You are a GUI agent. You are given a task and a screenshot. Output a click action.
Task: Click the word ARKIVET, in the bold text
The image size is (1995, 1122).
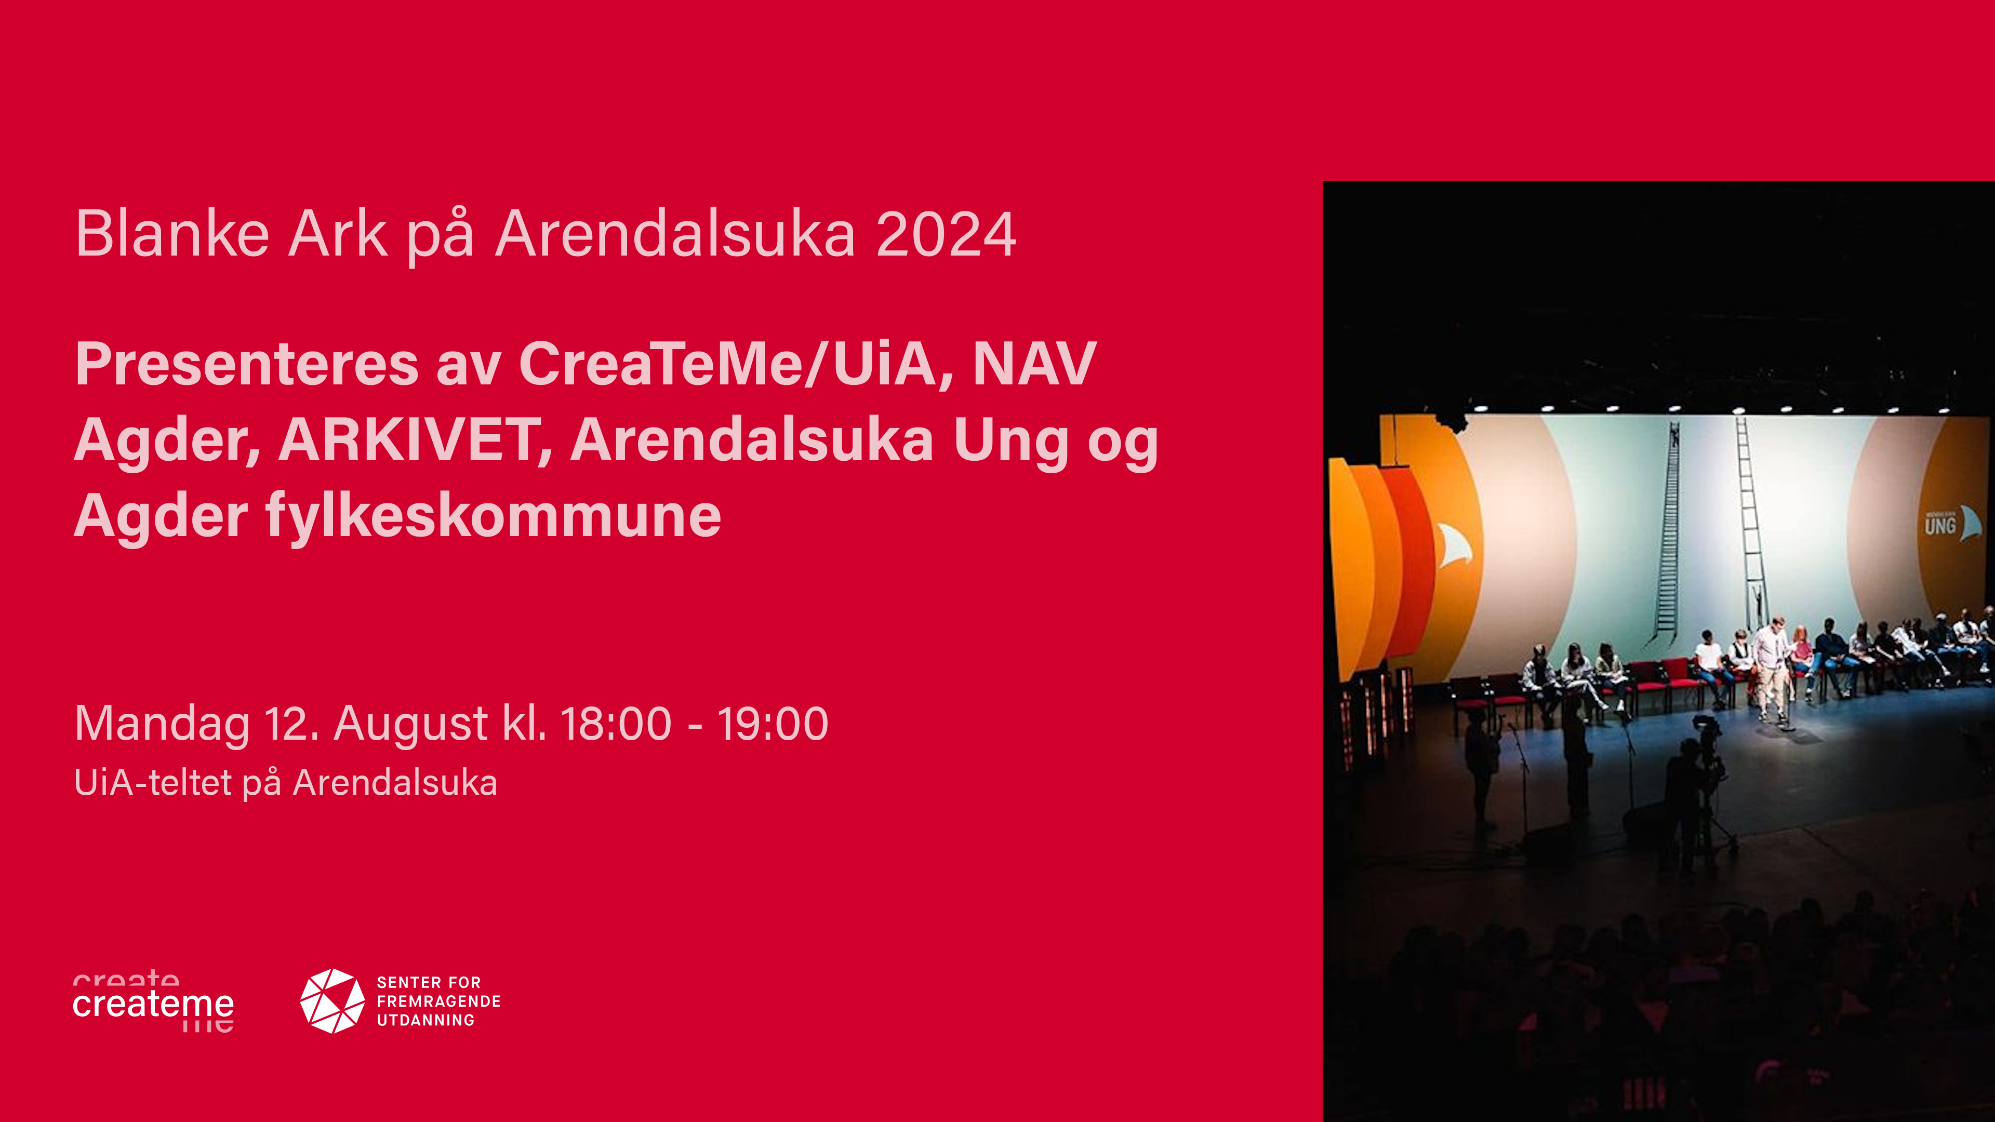tap(415, 440)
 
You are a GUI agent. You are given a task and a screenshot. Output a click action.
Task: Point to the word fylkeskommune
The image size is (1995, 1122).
tap(494, 516)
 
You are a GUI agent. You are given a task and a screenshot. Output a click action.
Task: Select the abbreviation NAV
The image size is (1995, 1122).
tap(1035, 364)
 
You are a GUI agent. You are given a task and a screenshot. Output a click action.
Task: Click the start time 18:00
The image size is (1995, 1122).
tap(616, 724)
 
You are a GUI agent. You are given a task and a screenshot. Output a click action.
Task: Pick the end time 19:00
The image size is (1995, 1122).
tap(773, 724)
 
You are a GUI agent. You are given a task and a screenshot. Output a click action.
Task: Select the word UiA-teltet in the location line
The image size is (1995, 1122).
tap(153, 783)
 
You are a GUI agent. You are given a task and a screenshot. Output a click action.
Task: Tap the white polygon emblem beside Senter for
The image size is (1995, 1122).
tap(332, 1000)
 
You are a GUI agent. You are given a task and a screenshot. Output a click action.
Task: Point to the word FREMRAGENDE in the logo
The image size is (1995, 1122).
tap(438, 1001)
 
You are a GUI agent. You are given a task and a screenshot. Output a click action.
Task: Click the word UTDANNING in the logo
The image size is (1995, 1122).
tap(426, 1021)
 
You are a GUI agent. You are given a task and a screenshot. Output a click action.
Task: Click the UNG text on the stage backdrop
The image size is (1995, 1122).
tap(1940, 527)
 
